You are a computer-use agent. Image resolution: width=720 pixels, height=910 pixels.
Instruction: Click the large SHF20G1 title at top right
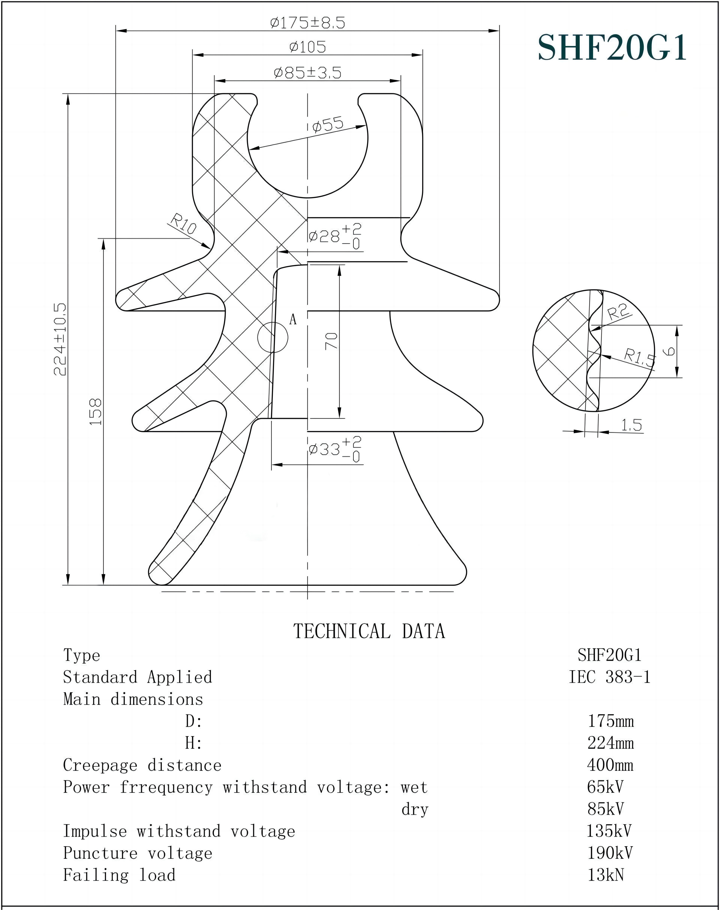click(612, 48)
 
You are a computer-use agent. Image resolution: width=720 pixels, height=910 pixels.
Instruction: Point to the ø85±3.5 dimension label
click(307, 73)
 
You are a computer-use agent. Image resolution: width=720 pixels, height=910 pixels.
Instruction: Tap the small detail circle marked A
click(273, 337)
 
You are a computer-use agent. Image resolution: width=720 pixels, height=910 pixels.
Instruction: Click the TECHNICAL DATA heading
click(369, 631)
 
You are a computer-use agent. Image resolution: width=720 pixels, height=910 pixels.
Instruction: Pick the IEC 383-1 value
click(610, 677)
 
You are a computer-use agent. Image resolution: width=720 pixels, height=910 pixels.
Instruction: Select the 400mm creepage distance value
click(610, 765)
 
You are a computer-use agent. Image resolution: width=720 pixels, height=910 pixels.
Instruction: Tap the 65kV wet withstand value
click(605, 786)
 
